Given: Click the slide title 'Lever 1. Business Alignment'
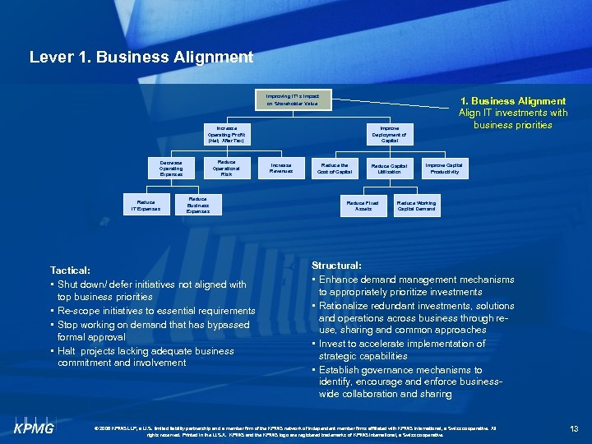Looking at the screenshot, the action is [141, 58].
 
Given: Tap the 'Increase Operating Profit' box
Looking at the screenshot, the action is [226, 135].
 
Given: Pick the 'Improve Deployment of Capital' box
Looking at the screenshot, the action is [389, 135].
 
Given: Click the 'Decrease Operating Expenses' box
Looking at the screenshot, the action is [172, 169].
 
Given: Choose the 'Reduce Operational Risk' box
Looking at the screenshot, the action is [226, 169].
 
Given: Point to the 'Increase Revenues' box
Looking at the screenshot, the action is [281, 169].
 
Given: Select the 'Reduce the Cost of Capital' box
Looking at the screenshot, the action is [335, 169].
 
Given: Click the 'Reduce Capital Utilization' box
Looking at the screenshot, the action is [389, 169].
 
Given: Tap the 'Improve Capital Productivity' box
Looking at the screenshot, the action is [443, 169].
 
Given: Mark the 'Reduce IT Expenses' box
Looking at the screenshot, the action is [145, 206].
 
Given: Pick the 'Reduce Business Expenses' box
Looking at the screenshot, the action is [198, 206].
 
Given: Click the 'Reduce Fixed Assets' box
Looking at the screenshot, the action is [363, 206].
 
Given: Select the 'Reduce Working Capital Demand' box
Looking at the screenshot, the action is [417, 206].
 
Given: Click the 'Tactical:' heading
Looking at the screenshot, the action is [70, 270].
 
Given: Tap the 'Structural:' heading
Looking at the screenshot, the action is [336, 266].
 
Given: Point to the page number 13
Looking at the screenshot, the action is [574, 428].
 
